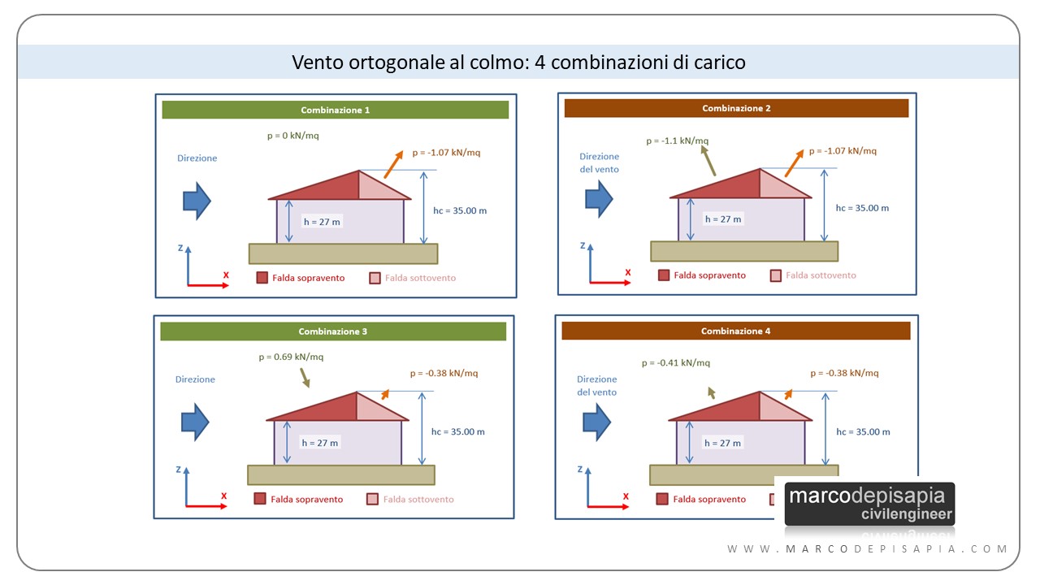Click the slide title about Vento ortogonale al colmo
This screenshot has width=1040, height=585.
pos(518,62)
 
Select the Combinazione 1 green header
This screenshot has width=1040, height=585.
pos(335,110)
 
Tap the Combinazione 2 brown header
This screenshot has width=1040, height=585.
pos(736,108)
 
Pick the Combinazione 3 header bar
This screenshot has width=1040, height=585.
pos(333,331)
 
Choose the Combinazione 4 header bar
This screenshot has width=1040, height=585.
pos(735,331)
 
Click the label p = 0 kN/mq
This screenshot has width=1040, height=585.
pos(292,136)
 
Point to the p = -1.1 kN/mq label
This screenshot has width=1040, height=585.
pos(677,141)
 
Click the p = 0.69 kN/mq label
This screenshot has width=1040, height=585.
pos(291,357)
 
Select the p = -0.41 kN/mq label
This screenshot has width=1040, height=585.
pos(675,362)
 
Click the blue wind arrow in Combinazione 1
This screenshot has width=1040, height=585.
pos(196,200)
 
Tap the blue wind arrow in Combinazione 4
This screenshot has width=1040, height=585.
pos(598,421)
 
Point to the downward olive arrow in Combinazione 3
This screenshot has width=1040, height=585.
pos(305,378)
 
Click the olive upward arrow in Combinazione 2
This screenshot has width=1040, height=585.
pos(708,160)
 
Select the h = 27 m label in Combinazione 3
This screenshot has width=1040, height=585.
pos(319,443)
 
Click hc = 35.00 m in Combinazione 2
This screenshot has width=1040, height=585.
pos(862,208)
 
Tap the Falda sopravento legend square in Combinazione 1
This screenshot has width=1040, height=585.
pos(262,278)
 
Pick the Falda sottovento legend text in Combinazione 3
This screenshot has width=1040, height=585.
pos(418,500)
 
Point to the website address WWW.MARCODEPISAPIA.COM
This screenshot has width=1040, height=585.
pos(867,549)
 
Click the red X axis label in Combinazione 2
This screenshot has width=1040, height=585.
pos(627,272)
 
